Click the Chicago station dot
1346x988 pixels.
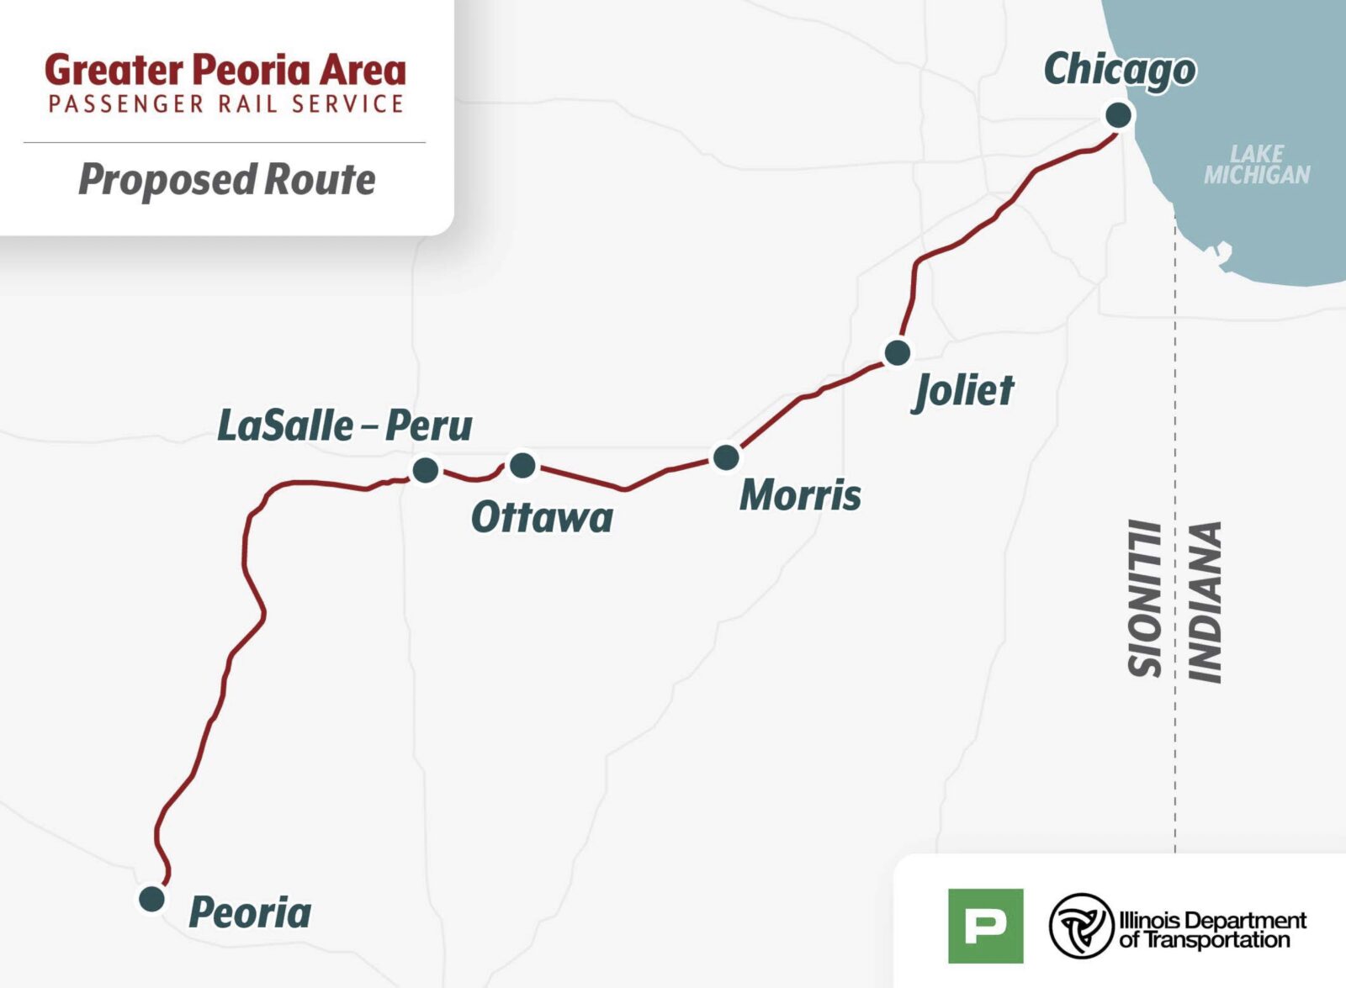tap(1118, 115)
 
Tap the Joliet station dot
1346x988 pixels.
tap(897, 351)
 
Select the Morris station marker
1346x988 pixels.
tap(726, 457)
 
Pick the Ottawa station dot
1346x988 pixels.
tap(522, 464)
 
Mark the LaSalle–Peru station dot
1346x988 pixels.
tap(426, 469)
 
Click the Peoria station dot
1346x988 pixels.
tap(151, 898)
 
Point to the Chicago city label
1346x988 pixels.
tap(1119, 70)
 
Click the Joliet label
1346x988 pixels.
tap(964, 390)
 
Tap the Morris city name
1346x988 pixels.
tap(800, 494)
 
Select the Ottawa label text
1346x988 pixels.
tap(542, 517)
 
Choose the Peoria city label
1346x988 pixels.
tap(250, 912)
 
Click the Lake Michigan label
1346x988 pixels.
tap(1257, 165)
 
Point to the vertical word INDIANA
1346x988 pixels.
tap(1205, 601)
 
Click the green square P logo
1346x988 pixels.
tap(985, 925)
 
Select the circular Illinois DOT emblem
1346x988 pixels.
tap(1081, 926)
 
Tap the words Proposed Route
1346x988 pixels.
tap(227, 180)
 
